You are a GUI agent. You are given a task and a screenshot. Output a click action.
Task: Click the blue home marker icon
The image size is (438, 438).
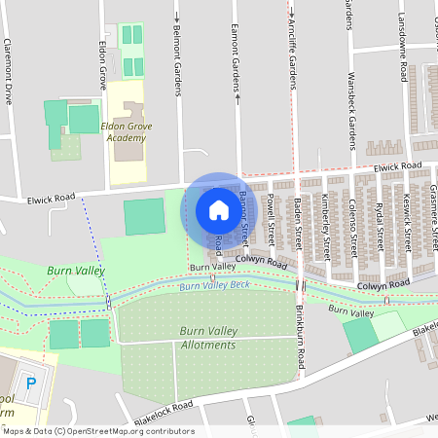click(x=213, y=210)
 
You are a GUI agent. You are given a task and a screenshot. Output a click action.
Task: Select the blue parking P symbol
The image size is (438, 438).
click(x=30, y=383)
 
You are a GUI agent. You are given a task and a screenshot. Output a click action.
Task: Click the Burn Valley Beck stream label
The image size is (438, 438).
click(x=215, y=285)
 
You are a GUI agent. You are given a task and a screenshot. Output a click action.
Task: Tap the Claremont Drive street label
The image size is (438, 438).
click(x=8, y=71)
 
